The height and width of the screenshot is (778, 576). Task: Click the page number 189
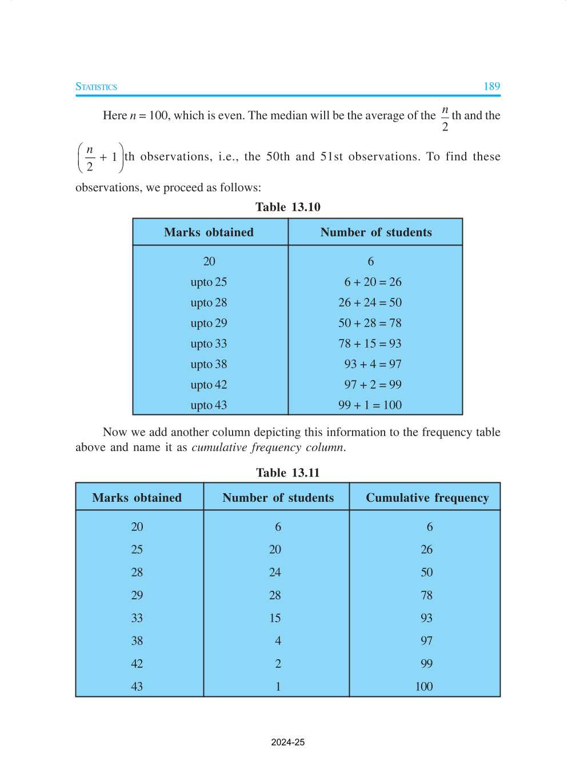[491, 87]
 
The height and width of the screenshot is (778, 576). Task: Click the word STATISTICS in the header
[96, 87]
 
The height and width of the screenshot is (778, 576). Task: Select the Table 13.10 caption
[288, 207]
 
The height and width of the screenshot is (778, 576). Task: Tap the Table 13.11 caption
[288, 473]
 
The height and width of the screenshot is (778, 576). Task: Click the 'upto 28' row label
[209, 303]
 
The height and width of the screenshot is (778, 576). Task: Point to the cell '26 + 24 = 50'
[370, 303]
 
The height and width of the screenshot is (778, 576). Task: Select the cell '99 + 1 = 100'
[370, 405]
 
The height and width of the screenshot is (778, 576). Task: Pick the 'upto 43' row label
[209, 405]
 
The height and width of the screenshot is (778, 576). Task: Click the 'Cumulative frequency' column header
[427, 498]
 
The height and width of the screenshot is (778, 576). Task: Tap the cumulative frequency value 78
[426, 595]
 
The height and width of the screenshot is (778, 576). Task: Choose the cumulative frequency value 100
[424, 687]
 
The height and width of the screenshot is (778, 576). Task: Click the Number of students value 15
[275, 618]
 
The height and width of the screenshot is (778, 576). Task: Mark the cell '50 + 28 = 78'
[370, 323]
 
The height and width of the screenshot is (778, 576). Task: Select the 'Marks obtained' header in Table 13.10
[209, 232]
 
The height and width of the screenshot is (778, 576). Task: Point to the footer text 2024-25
[288, 743]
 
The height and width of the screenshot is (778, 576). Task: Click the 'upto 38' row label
[209, 364]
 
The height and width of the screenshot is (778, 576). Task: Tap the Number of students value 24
[275, 573]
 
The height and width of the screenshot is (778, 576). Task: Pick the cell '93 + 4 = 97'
[373, 364]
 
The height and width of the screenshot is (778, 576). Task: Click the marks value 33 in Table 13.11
[137, 618]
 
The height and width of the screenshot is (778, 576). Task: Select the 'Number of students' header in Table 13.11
[278, 498]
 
